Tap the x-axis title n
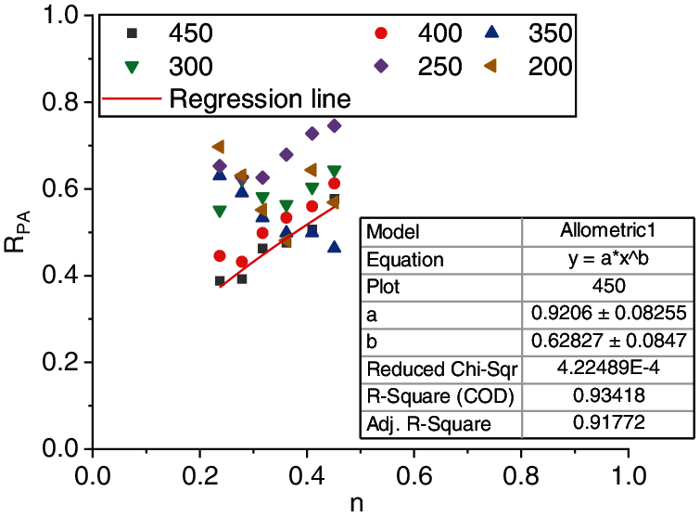click(357, 505)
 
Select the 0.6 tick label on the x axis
click(414, 472)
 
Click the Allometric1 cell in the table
click(608, 231)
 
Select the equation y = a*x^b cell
click(608, 259)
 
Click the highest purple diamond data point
click(335, 125)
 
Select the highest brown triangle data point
click(219, 147)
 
